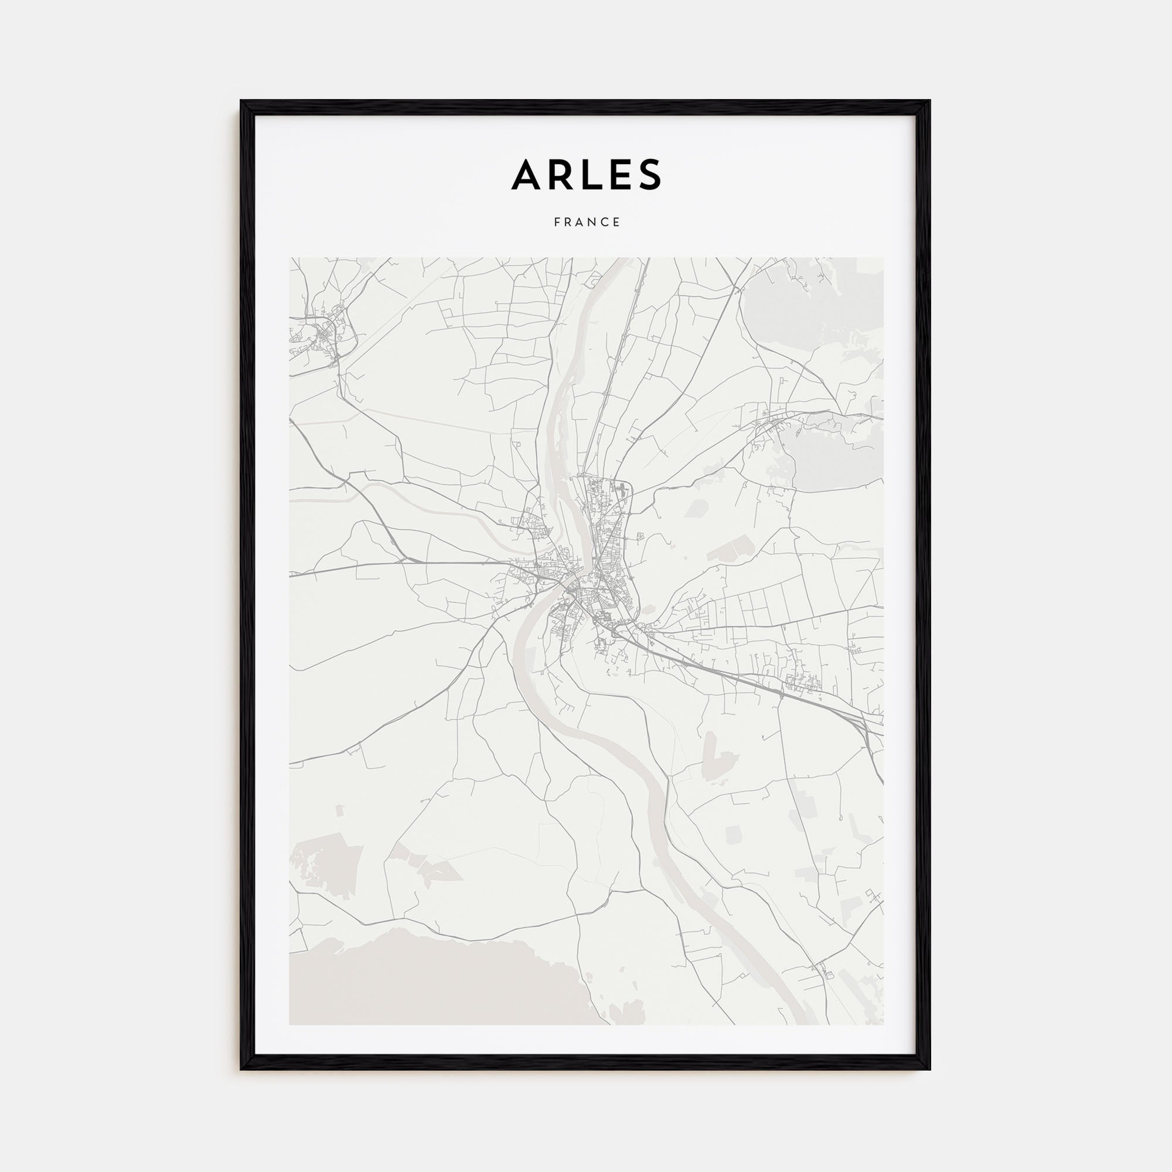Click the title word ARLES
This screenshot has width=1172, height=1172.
(x=586, y=175)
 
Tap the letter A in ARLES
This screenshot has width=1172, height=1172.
(x=525, y=175)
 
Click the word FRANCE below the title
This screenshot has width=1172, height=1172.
(x=587, y=222)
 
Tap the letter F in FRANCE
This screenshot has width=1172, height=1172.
(x=557, y=222)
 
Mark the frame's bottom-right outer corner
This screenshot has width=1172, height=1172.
(x=931, y=1069)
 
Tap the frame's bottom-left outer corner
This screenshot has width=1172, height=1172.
(x=241, y=1069)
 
